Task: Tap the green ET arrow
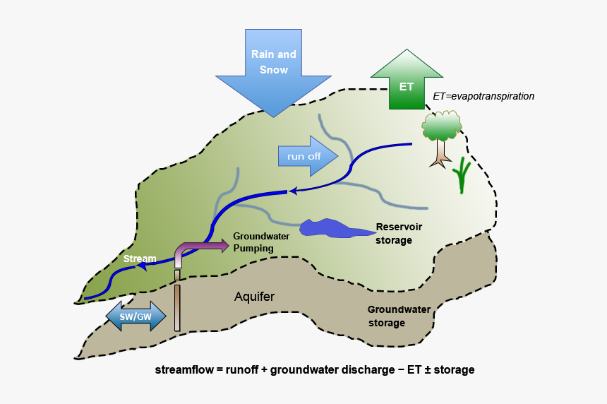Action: click(x=407, y=82)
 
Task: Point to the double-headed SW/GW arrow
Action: click(x=136, y=316)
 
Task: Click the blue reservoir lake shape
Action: click(x=332, y=228)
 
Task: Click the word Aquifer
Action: click(x=254, y=297)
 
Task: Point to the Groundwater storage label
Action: click(x=396, y=316)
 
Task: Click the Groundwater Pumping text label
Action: click(x=260, y=242)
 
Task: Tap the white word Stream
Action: click(x=140, y=259)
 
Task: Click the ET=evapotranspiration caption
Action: click(x=483, y=95)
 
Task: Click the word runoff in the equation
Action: click(x=244, y=369)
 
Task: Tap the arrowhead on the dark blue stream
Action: click(x=292, y=190)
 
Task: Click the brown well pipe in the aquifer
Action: click(x=177, y=308)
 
